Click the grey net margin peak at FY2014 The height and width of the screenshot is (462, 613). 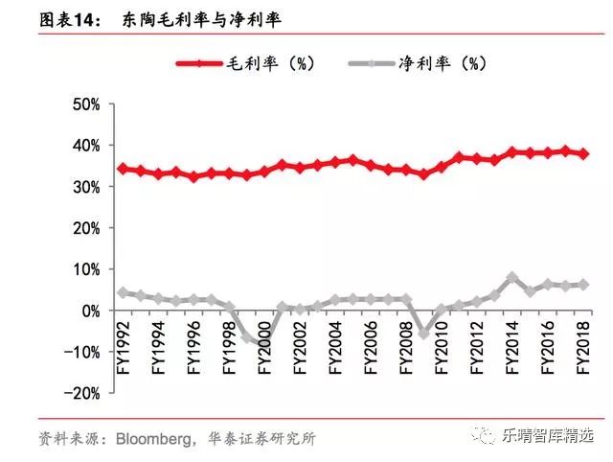[511, 277]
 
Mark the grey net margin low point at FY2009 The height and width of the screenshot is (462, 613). [423, 334]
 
